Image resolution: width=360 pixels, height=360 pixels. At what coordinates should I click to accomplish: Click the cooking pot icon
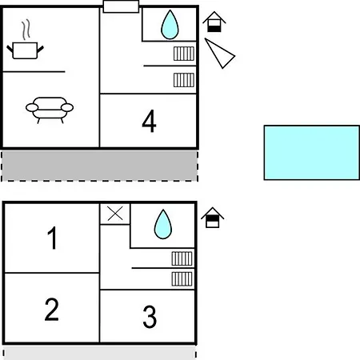coord(25,50)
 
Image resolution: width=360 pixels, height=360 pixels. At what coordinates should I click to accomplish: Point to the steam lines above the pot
coord(26,30)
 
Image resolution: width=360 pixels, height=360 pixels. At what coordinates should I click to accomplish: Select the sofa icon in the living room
coord(50,110)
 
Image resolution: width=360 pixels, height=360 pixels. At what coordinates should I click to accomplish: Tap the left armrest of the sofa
coord(32,108)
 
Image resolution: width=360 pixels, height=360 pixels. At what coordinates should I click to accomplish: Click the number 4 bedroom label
coord(149,121)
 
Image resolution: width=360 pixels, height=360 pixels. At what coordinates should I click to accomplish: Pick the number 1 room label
coord(52,238)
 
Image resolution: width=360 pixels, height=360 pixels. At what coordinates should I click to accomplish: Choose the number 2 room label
coord(51,310)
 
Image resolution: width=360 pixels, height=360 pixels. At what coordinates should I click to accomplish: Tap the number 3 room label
coord(150,317)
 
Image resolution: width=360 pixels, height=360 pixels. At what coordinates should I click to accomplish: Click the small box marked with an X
coord(115,214)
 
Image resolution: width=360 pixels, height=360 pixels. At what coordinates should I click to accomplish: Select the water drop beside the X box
coord(163,224)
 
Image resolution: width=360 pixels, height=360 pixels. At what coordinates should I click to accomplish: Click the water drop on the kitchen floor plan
coord(170,25)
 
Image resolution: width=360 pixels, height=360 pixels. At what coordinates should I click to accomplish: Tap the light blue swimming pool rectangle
coord(312,153)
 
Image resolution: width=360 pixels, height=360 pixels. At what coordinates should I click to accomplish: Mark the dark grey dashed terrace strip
coord(99,166)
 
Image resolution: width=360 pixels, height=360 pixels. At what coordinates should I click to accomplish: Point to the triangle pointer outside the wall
coord(220,54)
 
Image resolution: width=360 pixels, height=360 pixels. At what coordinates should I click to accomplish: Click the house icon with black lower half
coord(214,22)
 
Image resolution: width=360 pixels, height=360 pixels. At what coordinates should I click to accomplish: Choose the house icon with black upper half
coord(213,218)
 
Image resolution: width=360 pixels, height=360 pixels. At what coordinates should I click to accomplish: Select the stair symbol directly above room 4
coord(184,80)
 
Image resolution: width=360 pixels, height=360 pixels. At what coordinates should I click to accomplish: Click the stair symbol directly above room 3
coord(182,278)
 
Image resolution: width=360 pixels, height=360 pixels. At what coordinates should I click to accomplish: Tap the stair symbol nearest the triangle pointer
coord(184,54)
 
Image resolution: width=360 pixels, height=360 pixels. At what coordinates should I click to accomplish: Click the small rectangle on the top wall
coord(121,6)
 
